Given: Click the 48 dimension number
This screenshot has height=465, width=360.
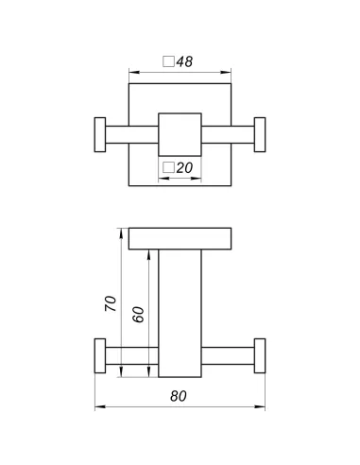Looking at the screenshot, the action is (184, 61).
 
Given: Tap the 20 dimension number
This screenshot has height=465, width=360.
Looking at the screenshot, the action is (184, 168).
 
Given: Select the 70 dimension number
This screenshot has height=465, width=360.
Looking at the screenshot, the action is (111, 303).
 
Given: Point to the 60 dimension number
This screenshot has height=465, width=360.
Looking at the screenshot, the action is (138, 315).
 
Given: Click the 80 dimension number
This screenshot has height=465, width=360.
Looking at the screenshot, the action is (179, 396).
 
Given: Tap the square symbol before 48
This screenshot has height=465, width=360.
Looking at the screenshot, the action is (168, 61).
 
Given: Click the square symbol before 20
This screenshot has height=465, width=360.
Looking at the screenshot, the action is (168, 167).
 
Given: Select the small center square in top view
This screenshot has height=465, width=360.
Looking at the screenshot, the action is (180, 134).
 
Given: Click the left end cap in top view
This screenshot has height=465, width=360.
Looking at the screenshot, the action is (100, 135).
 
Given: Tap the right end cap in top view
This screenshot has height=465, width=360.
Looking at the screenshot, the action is (260, 135).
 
